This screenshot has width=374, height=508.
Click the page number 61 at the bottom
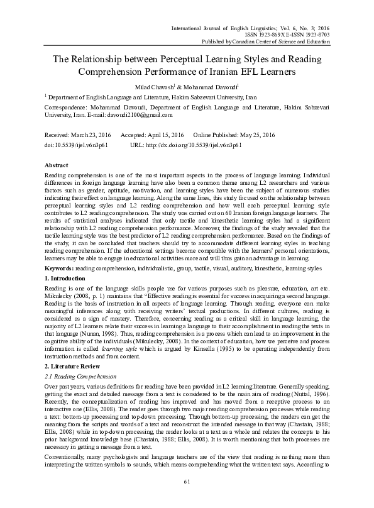click(187, 482)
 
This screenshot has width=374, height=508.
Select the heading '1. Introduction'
click(65, 277)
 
